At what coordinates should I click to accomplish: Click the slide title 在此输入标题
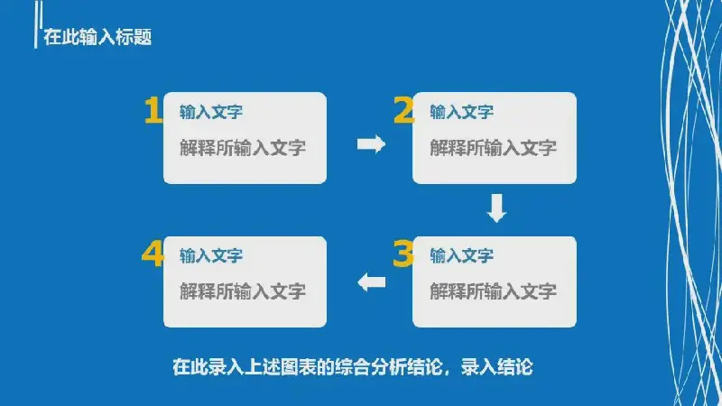pyautogui.click(x=97, y=37)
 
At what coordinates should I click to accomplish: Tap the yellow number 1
pyautogui.click(x=153, y=110)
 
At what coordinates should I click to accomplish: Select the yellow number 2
pyautogui.click(x=403, y=110)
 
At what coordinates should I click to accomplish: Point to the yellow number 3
pyautogui.click(x=403, y=254)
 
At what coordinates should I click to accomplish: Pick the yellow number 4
pyautogui.click(x=153, y=254)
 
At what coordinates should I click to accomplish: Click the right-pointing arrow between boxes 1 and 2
pyautogui.click(x=371, y=144)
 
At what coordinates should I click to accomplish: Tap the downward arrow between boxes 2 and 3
pyautogui.click(x=497, y=208)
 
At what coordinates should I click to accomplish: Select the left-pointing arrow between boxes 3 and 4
pyautogui.click(x=372, y=282)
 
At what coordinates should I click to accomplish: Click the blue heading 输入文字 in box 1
pyautogui.click(x=211, y=112)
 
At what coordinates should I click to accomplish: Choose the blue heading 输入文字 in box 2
pyautogui.click(x=461, y=112)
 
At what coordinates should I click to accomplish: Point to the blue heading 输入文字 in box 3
pyautogui.click(x=461, y=255)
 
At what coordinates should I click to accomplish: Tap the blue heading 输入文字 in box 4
pyautogui.click(x=211, y=255)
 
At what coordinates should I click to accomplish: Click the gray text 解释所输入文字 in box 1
pyautogui.click(x=243, y=148)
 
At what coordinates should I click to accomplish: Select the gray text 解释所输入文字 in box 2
pyautogui.click(x=493, y=148)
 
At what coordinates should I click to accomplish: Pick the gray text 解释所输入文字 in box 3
pyautogui.click(x=493, y=291)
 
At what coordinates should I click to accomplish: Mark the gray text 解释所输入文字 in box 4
pyautogui.click(x=243, y=291)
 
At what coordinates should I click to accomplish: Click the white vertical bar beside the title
pyautogui.click(x=36, y=24)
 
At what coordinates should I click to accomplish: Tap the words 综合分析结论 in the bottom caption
pyautogui.click(x=389, y=367)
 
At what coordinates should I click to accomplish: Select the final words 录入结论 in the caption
pyautogui.click(x=497, y=367)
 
